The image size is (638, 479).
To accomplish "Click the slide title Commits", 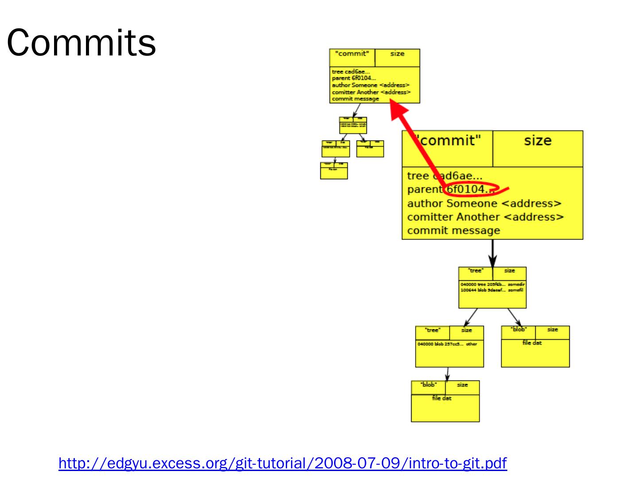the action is [81, 43].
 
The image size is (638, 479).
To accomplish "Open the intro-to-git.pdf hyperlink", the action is [283, 463].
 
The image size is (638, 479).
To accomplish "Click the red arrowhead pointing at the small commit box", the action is [398, 111].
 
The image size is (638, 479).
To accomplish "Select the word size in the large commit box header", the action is [537, 141].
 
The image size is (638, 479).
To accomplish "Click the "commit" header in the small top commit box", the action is [352, 54].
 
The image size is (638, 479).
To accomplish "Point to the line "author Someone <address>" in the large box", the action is [484, 204].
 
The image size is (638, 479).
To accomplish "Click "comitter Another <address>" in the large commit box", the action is [485, 217].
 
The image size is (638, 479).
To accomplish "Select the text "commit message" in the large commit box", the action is [453, 231].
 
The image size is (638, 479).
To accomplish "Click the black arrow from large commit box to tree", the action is [492, 253].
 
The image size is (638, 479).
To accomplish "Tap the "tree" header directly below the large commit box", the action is [476, 271].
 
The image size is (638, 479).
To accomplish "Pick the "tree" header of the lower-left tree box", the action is [432, 330].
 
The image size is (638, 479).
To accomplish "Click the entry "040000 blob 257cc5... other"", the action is [447, 344].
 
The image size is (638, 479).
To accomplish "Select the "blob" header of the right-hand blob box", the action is [518, 330].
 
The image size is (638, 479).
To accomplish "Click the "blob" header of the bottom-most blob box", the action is [428, 385].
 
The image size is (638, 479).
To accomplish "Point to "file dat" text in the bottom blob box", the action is [442, 398].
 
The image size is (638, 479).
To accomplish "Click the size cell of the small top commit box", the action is [397, 54].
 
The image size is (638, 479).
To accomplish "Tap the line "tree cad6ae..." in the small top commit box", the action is [350, 71].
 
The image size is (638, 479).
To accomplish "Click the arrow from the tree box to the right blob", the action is [514, 317].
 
